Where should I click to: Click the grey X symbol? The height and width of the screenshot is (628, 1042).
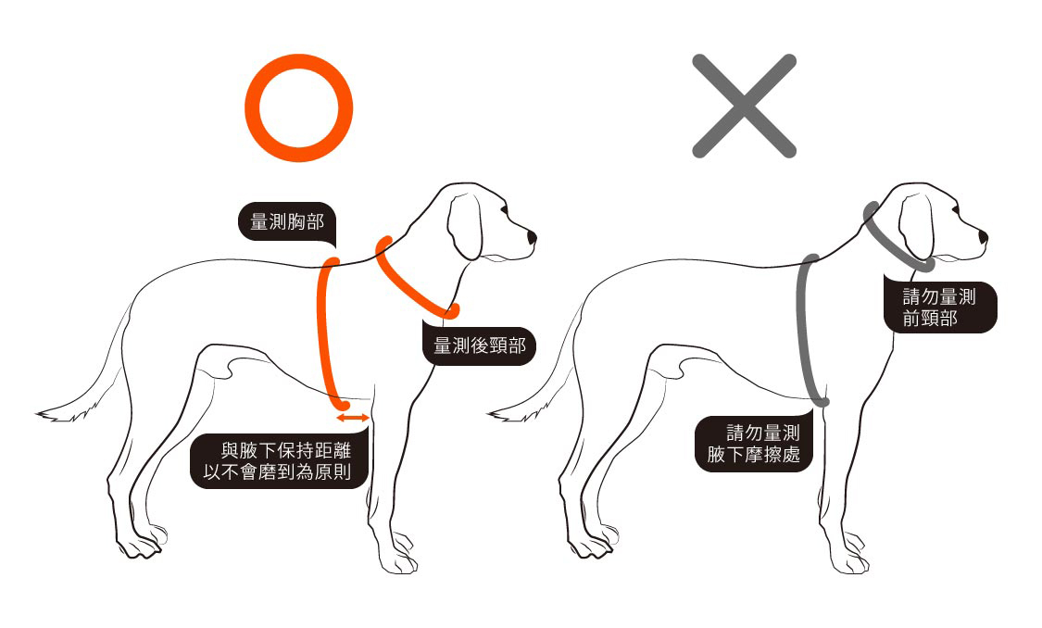pos(744,105)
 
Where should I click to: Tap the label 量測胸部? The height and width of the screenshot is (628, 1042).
pos(286,222)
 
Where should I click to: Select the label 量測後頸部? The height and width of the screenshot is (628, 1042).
pos(479,345)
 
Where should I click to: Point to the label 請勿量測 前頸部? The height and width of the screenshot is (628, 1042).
pos(938,308)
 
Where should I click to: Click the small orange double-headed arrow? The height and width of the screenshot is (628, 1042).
pos(353,420)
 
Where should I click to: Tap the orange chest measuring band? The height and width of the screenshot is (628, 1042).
pos(325,333)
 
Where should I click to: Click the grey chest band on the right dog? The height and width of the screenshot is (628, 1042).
pos(806,333)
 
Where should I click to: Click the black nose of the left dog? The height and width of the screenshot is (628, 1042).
pos(532,239)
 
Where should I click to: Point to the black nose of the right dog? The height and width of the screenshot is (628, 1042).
pos(983,239)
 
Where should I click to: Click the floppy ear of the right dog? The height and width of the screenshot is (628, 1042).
pos(917,227)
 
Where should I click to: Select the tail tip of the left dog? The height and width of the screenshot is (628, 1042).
pos(42,413)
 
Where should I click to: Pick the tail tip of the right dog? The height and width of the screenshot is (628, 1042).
pos(493,413)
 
